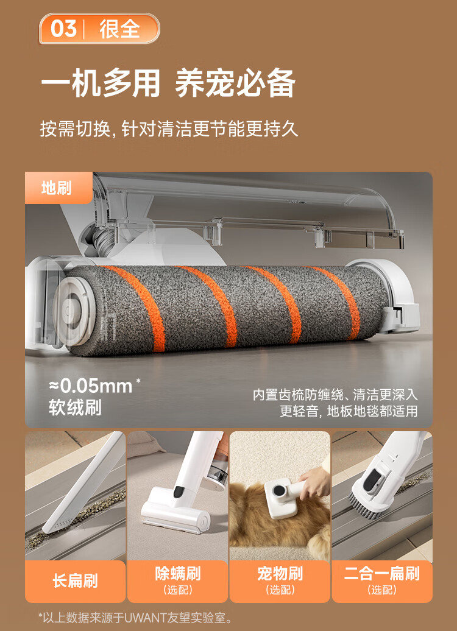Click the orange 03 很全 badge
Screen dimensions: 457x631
(99, 29)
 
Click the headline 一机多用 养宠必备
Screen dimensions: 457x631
(168, 83)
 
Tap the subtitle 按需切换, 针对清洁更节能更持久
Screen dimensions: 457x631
(169, 129)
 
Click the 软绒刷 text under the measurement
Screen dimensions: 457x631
(75, 407)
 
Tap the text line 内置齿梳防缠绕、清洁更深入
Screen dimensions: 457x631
(335, 395)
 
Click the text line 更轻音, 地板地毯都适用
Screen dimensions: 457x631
(349, 411)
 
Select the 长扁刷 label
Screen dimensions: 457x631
(76, 581)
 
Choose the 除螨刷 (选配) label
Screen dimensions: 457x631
(177, 581)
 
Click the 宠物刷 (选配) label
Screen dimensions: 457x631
(280, 581)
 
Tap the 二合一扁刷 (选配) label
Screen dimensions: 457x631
(382, 581)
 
